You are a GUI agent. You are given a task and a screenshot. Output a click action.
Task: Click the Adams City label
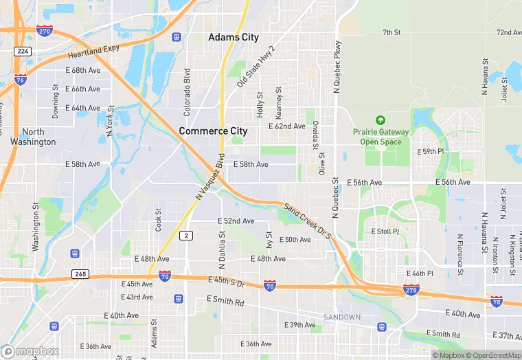tap(234, 37)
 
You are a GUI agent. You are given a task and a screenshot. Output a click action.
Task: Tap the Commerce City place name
tap(213, 131)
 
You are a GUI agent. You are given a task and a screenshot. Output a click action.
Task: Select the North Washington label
tap(33, 137)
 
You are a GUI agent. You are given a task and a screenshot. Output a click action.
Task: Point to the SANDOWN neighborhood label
tap(342, 317)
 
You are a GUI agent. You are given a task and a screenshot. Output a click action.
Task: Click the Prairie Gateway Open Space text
tap(381, 137)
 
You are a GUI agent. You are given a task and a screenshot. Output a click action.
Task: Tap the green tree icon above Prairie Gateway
tap(381, 120)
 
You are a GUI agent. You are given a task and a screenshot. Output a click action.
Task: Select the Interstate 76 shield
tap(21, 80)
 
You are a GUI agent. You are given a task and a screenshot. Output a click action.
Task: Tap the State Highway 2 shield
tap(187, 236)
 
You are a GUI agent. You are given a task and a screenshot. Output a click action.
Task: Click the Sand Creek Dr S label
tap(308, 221)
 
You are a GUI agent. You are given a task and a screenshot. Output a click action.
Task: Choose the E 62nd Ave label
tap(287, 126)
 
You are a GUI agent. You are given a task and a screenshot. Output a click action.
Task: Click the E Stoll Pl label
tap(385, 232)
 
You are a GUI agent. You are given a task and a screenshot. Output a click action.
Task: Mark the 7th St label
tap(391, 32)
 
